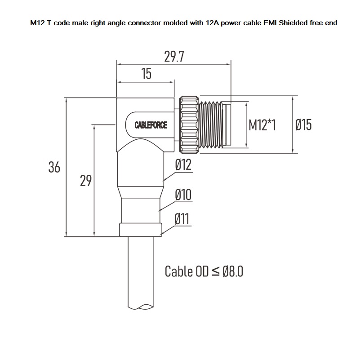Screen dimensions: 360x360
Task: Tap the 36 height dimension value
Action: tap(54, 168)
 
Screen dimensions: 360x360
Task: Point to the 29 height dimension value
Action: tap(86, 181)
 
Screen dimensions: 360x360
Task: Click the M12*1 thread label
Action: tap(262, 125)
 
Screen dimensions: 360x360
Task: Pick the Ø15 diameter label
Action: tap(303, 125)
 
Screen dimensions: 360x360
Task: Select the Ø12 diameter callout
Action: tap(183, 165)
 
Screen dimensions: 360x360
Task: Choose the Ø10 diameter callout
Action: tap(183, 195)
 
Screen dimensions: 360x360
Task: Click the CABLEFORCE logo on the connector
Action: tap(151, 125)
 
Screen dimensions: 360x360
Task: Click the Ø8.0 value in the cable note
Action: tap(233, 271)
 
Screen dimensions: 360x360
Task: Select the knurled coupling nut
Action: tap(189, 124)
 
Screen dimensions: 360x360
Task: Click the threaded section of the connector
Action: tap(212, 124)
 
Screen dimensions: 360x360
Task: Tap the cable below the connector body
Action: tap(141, 274)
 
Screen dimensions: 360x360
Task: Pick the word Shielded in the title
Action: tap(291, 22)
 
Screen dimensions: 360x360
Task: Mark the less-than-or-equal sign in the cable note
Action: tap(216, 272)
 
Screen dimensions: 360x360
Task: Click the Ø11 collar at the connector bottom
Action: tap(141, 230)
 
